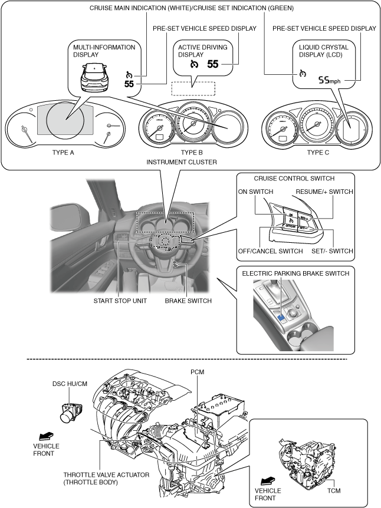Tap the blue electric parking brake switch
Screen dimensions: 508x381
pos(281,319)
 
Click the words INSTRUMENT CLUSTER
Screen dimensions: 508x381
pos(192,161)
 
